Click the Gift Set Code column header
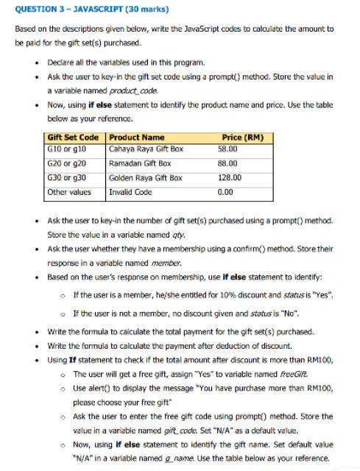pyautogui.click(x=73, y=138)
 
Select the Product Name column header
pyautogui.click(x=137, y=138)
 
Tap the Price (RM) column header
pyautogui.click(x=241, y=138)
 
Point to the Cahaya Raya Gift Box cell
pyautogui.click(x=146, y=149)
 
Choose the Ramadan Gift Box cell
pyautogui.click(x=140, y=163)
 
